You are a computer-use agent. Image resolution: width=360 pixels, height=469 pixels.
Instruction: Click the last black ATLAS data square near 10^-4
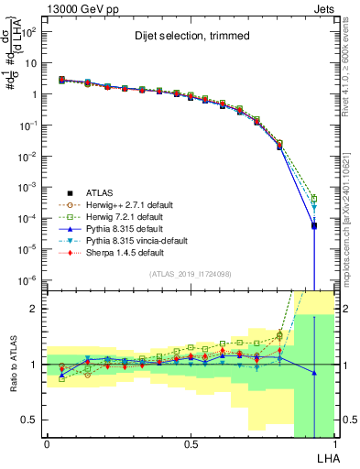[x=314, y=225]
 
